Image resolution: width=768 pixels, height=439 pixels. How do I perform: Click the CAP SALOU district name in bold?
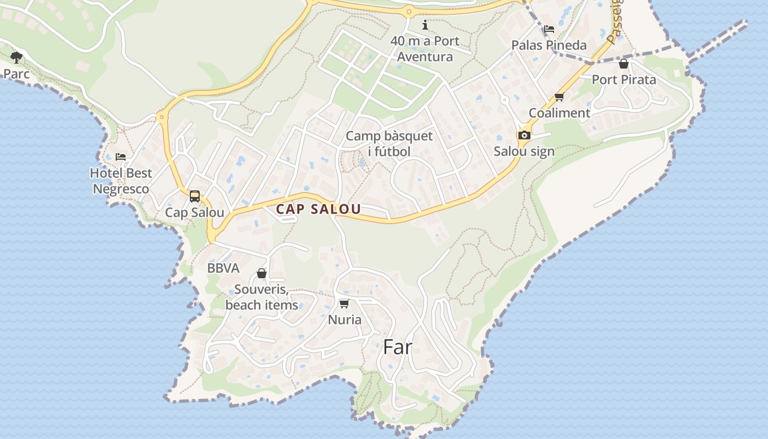click(x=318, y=209)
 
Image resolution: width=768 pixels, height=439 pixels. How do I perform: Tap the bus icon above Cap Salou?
click(x=195, y=196)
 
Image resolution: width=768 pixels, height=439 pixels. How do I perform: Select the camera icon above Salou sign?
click(x=524, y=135)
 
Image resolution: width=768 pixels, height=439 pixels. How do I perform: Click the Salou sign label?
click(x=524, y=151)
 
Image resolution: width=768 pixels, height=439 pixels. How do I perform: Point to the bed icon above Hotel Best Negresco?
click(x=121, y=157)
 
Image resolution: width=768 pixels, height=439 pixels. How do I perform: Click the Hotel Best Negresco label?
click(x=121, y=181)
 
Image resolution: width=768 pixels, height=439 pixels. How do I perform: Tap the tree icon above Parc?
click(x=16, y=57)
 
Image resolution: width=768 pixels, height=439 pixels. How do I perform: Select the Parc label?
click(x=16, y=74)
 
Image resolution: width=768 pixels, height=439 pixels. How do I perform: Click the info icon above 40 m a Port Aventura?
click(x=425, y=25)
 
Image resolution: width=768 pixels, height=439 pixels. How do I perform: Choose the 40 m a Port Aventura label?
click(x=425, y=49)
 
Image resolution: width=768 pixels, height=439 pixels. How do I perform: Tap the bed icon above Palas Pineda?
click(x=549, y=29)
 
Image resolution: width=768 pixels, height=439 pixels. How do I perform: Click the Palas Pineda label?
click(x=549, y=45)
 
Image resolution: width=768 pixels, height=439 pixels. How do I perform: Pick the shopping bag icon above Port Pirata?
click(x=624, y=64)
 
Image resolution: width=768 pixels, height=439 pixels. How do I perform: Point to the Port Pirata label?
click(x=624, y=80)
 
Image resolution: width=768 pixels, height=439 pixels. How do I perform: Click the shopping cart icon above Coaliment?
click(x=560, y=97)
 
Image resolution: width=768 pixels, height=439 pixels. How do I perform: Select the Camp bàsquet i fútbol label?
click(x=389, y=143)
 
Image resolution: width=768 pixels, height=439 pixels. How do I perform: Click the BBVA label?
click(x=223, y=268)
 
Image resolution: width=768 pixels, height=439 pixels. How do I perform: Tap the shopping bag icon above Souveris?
click(x=262, y=273)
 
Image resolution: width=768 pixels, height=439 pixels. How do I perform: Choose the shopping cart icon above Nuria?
click(x=345, y=303)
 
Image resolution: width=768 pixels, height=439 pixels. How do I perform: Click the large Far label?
click(x=398, y=347)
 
